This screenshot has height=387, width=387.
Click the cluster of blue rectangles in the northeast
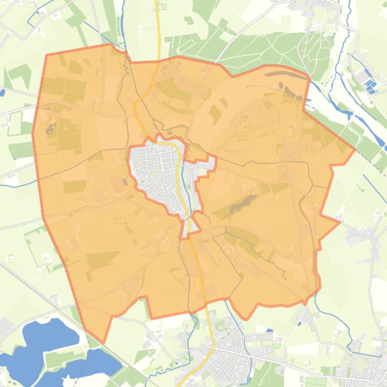(371, 86)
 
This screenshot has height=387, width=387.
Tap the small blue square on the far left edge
(3, 92)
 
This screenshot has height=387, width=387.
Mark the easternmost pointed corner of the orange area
(355, 149)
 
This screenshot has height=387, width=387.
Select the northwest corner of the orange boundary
(46, 55)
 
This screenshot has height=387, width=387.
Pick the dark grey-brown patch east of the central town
(241, 203)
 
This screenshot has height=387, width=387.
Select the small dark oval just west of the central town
(125, 181)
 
